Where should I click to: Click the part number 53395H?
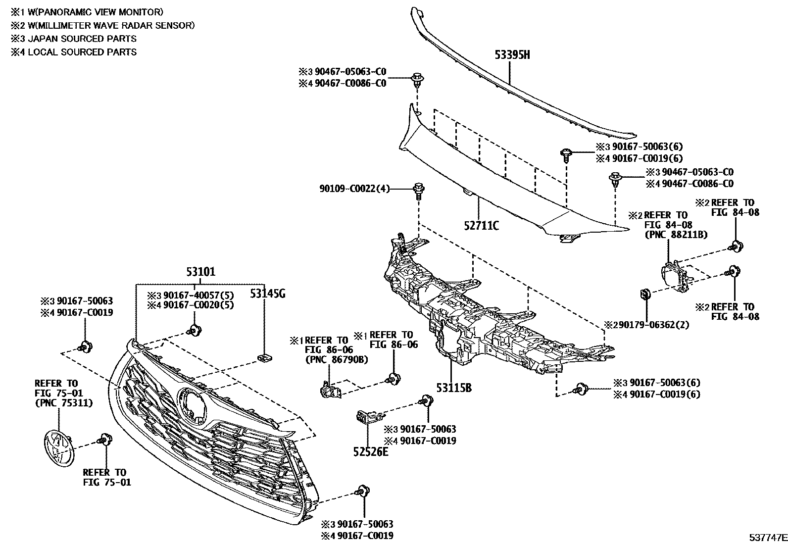512,55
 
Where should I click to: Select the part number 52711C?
481,226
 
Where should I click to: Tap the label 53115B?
454,388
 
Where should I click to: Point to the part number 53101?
200,272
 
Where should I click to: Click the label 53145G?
267,294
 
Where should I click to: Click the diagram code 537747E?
767,537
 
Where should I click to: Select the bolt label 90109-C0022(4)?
353,189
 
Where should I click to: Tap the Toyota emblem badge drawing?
56,448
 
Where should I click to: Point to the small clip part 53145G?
264,357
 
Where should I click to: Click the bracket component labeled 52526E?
367,417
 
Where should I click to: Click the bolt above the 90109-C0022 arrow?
419,189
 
